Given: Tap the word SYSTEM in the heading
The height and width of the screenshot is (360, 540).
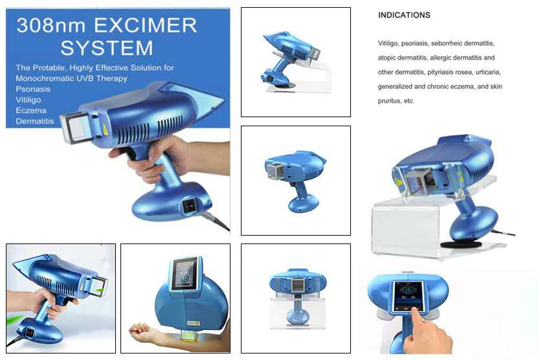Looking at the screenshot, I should (106, 47).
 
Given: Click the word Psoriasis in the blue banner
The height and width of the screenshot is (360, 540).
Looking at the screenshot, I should (32, 89).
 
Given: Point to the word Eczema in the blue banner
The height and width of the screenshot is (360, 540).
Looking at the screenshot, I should (30, 110).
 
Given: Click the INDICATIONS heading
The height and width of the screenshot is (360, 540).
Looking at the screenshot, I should (404, 15).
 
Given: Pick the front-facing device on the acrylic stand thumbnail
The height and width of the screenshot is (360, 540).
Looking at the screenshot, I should (297, 291).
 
